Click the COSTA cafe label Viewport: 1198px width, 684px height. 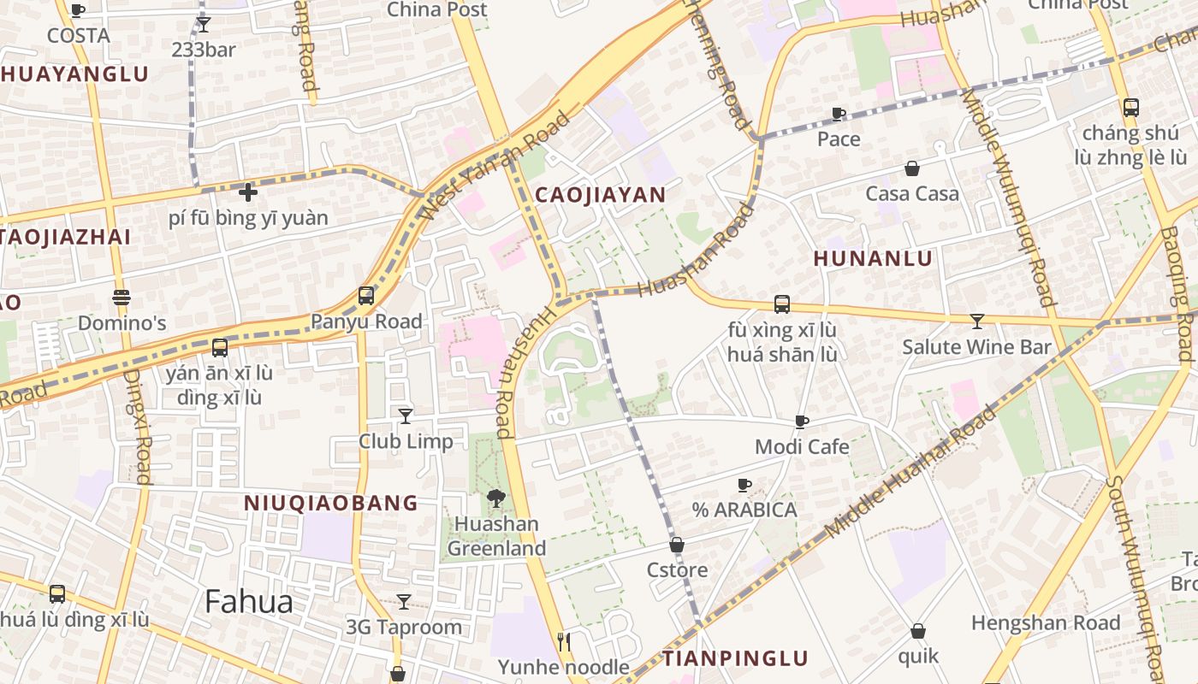pyautogui.click(x=78, y=36)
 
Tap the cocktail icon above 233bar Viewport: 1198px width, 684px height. pyautogui.click(x=203, y=24)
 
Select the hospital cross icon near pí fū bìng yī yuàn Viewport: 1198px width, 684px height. pyautogui.click(x=248, y=192)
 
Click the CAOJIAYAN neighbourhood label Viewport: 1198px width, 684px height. pyautogui.click(x=600, y=195)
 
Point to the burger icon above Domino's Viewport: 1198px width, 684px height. pyautogui.click(x=122, y=298)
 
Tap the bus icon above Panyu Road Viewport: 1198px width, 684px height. pyautogui.click(x=366, y=296)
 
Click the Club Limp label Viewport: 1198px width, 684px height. pyautogui.click(x=406, y=441)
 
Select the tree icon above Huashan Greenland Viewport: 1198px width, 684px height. pyautogui.click(x=495, y=498)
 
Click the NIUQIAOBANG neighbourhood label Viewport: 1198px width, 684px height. pyautogui.click(x=331, y=503)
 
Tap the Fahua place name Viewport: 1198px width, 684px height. pyautogui.click(x=248, y=602)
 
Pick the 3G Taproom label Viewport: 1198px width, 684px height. pyautogui.click(x=404, y=627)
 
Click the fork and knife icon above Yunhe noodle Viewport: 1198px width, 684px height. pyautogui.click(x=563, y=641)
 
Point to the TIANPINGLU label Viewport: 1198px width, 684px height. pyautogui.click(x=735, y=658)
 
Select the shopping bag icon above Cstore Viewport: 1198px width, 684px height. pyautogui.click(x=677, y=545)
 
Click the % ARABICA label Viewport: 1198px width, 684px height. pyautogui.click(x=744, y=510)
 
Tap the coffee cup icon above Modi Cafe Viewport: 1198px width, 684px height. pyautogui.click(x=802, y=422)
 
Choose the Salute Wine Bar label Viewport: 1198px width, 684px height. pyautogui.click(x=976, y=347)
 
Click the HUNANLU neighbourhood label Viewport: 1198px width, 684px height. pyautogui.click(x=873, y=258)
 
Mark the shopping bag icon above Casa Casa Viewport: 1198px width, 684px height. pyautogui.click(x=912, y=168)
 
